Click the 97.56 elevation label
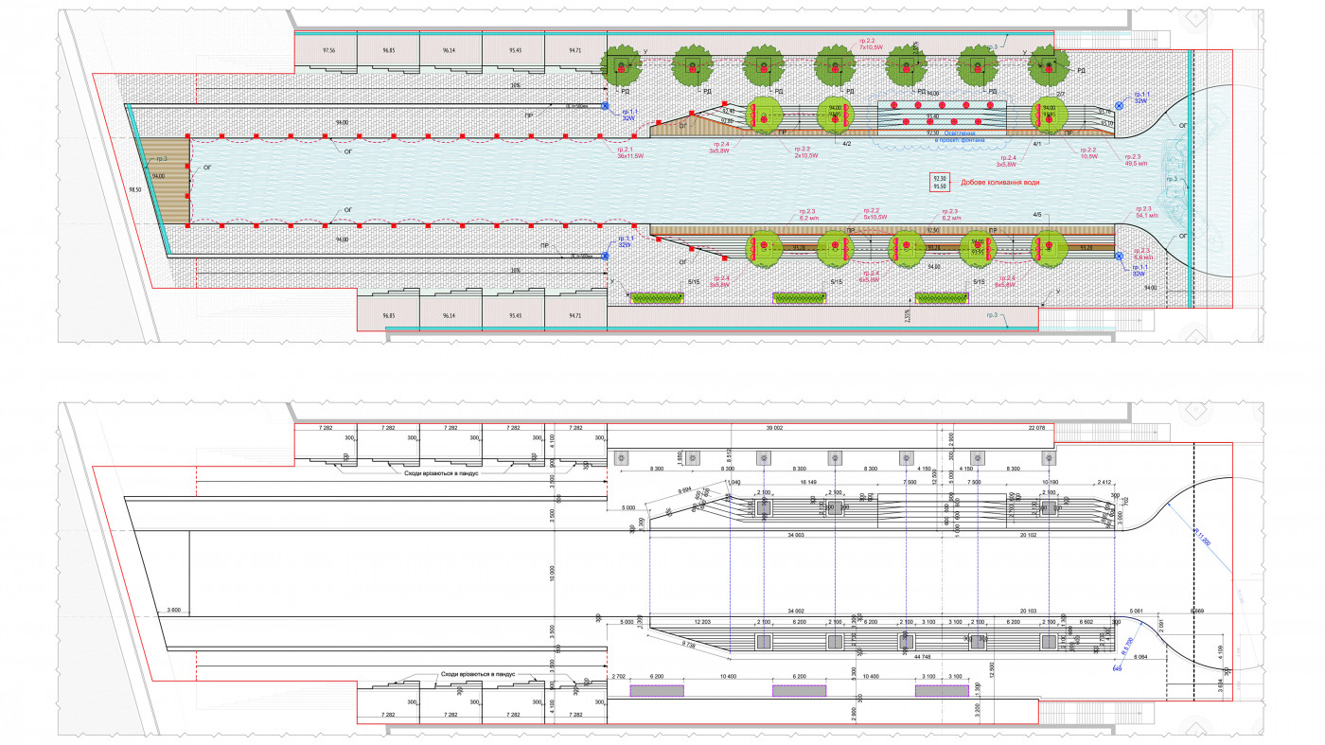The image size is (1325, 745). (x=328, y=49)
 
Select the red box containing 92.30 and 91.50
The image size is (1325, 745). (x=939, y=183)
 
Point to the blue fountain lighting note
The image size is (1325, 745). (x=959, y=137)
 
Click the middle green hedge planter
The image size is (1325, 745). (x=800, y=298)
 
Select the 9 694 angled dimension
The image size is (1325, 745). (x=688, y=490)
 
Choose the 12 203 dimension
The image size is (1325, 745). (x=702, y=622)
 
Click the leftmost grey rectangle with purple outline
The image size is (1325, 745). (x=657, y=691)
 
